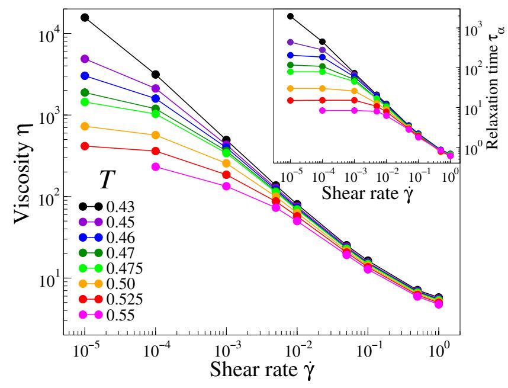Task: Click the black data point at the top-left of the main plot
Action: tap(85, 18)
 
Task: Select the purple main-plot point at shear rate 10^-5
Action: tap(85, 59)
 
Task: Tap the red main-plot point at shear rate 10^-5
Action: tap(85, 146)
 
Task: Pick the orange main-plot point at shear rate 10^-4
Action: tap(156, 135)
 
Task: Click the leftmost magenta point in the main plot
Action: tap(156, 167)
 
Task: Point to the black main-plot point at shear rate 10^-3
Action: tap(226, 140)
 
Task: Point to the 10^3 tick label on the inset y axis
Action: tap(468, 30)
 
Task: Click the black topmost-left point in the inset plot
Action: tap(290, 16)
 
